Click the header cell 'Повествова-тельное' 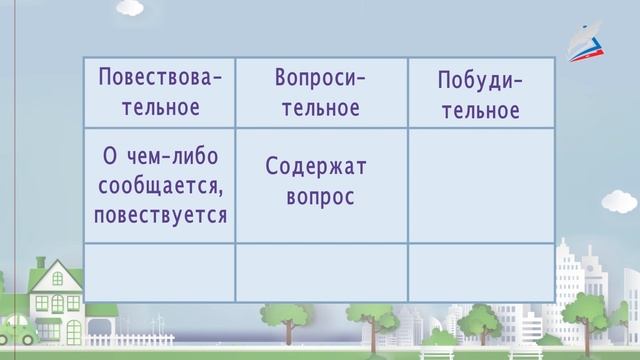tap(160, 92)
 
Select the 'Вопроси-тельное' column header tap(321, 92)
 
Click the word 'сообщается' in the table tap(160, 186)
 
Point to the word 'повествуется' tap(160, 214)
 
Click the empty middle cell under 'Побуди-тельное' tap(480, 184)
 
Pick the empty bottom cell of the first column tap(160, 271)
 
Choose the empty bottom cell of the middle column tap(321, 271)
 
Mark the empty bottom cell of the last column tap(480, 271)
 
